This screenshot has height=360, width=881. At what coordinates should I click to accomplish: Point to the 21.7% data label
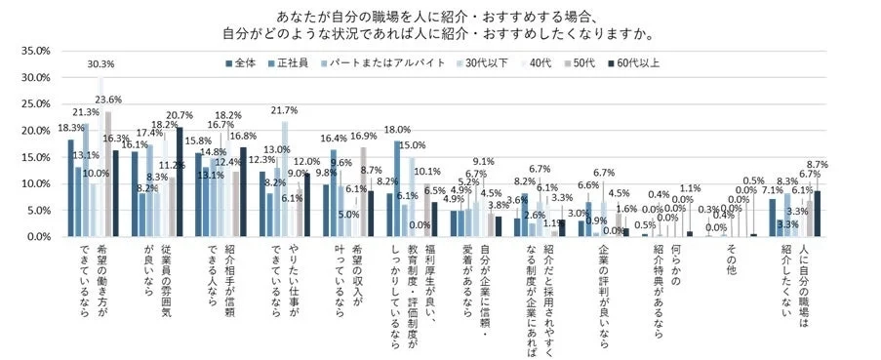[x=284, y=110]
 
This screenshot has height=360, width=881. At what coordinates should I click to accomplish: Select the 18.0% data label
[x=397, y=130]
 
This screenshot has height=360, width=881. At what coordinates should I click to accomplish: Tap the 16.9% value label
[x=362, y=136]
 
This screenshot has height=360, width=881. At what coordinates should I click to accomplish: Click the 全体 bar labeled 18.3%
[x=70, y=188]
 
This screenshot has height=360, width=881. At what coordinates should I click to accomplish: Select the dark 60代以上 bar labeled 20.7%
[x=179, y=182]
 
